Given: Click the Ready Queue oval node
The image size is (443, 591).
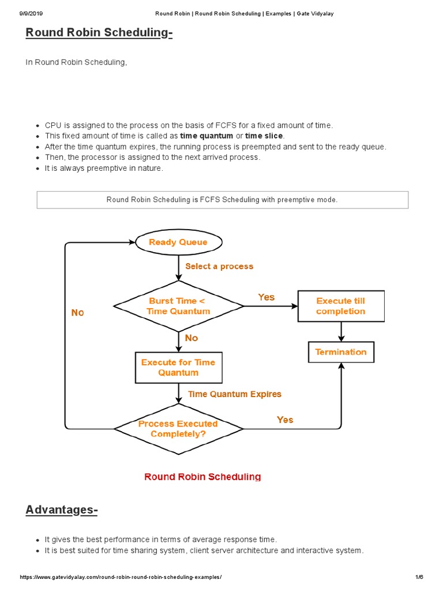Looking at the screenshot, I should tap(178, 242).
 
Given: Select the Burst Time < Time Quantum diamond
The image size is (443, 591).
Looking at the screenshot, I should tap(178, 306).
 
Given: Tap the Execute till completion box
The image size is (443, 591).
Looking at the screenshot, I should tap(341, 306).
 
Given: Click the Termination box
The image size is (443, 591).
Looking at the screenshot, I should tap(341, 352).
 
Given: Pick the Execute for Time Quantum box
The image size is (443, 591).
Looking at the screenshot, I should tap(178, 368).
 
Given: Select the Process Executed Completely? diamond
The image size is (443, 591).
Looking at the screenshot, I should tap(178, 428).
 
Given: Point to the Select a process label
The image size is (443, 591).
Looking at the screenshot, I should tap(219, 266).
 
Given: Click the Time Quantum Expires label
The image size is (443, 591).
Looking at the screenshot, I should tap(235, 394).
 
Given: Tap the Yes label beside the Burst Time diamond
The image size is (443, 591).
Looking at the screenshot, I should tap(266, 297).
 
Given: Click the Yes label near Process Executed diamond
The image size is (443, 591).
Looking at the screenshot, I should tap(285, 420).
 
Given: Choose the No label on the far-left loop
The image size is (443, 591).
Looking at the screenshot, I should tap(77, 312).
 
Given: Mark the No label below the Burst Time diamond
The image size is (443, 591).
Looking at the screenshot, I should tap(192, 338).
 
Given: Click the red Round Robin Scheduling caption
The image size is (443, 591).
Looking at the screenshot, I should tap(202, 477).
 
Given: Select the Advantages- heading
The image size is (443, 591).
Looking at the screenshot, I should tap(62, 510).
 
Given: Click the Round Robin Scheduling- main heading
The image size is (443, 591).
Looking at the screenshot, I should tap(99, 33).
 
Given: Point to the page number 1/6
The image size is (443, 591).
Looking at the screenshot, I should tap(419, 577).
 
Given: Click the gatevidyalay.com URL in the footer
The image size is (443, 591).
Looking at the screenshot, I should tap(121, 577).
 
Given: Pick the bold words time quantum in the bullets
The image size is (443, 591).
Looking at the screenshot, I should tap(207, 136).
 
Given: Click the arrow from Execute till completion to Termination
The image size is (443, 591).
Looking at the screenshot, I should tap(341, 332).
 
